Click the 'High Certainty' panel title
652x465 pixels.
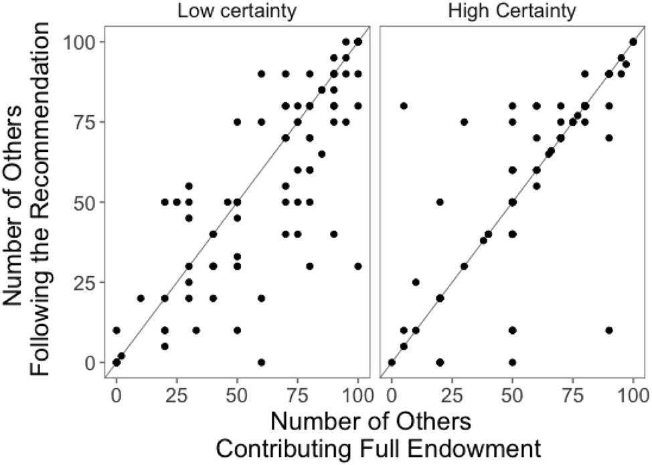[511, 12]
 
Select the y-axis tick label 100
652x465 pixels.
[78, 42]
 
